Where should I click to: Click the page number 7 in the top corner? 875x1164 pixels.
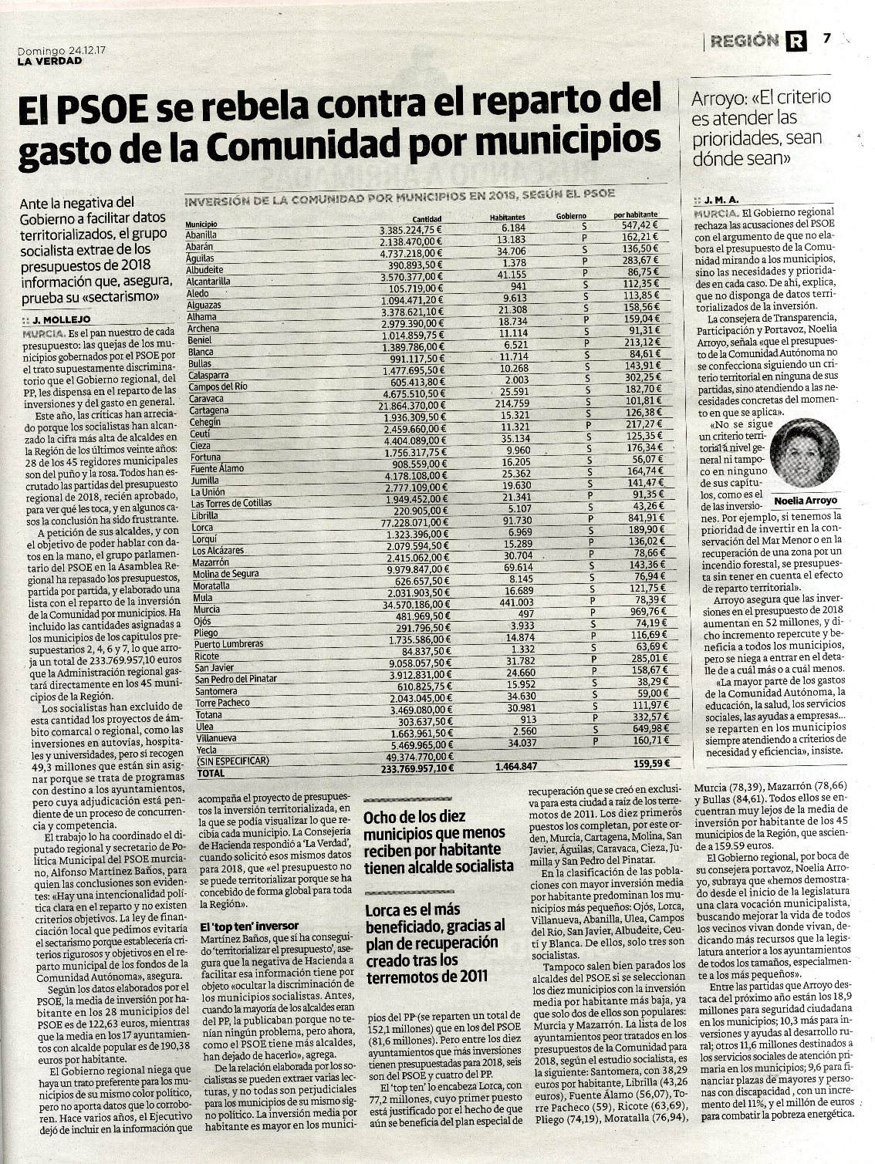826,38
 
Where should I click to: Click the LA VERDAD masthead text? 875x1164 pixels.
49,62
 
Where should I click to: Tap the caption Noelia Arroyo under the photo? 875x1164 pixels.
810,499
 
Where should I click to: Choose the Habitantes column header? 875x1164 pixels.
507,218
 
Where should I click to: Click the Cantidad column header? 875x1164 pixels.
427,218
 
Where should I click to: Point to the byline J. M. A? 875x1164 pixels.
716,201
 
